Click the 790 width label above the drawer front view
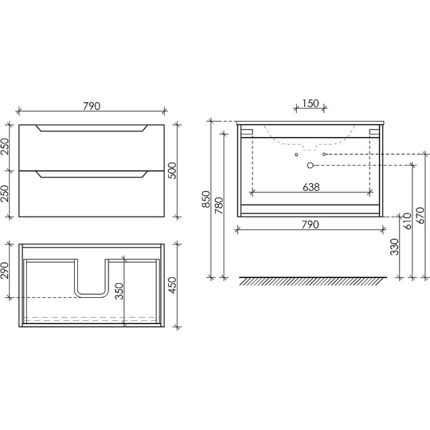(92, 106)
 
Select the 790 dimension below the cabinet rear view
(310, 224)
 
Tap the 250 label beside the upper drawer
(6, 146)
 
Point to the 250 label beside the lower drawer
(6, 194)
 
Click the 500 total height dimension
(173, 171)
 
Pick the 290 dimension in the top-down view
(6, 270)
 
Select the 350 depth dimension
(119, 291)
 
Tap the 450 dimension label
(173, 285)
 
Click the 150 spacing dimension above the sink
(310, 103)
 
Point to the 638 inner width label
(311, 187)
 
